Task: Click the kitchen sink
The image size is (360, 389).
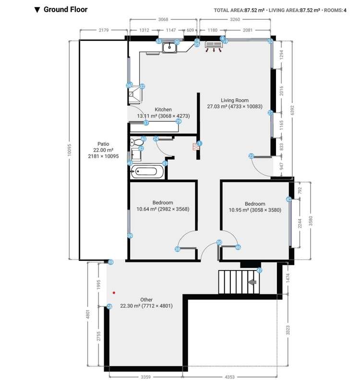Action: click(x=169, y=47)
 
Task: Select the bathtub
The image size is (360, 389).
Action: click(x=148, y=172)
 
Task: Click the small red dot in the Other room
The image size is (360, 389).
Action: click(x=114, y=292)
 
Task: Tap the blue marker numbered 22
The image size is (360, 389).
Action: click(x=252, y=156)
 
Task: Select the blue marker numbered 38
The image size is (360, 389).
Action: click(x=177, y=249)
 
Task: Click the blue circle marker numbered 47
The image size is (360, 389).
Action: click(x=259, y=270)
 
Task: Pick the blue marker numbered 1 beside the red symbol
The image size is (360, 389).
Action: click(x=200, y=143)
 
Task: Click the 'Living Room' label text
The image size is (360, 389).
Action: click(x=234, y=100)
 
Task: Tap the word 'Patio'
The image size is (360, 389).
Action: click(x=103, y=144)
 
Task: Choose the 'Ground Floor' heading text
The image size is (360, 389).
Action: click(x=65, y=9)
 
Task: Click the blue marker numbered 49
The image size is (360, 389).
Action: click(x=110, y=262)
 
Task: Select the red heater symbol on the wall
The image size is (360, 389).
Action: click(x=195, y=147)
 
